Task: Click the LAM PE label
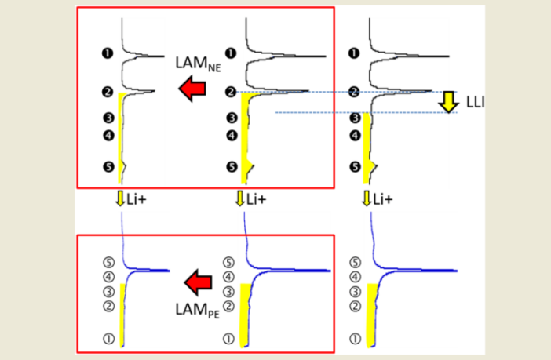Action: pyautogui.click(x=191, y=306)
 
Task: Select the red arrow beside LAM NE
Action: pyautogui.click(x=192, y=90)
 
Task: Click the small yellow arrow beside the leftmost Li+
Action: pyautogui.click(x=120, y=199)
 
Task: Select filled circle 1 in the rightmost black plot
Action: pyautogui.click(x=354, y=54)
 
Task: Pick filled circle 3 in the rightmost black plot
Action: pyautogui.click(x=354, y=118)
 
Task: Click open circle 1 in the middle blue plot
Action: pyautogui.click(x=230, y=339)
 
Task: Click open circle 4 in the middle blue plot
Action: pyautogui.click(x=230, y=277)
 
